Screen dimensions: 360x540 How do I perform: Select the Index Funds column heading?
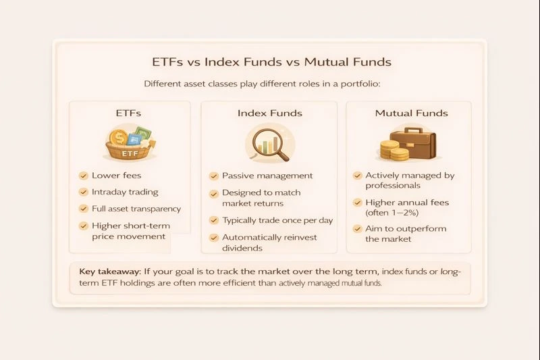point(269,113)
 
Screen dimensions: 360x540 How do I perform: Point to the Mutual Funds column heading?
point(411,113)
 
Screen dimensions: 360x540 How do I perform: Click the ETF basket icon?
point(128,144)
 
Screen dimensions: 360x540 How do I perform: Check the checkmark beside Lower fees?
point(83,176)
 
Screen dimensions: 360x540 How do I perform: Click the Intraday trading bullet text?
point(125,192)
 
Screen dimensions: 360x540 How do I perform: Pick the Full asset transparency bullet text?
point(136,209)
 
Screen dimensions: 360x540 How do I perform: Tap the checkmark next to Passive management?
point(213,176)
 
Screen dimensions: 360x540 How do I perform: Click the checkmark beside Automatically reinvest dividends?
point(213,238)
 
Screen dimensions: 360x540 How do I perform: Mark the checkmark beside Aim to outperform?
point(357,229)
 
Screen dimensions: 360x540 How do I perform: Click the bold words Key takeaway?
point(105,272)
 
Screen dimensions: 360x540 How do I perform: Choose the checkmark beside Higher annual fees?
point(357,203)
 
